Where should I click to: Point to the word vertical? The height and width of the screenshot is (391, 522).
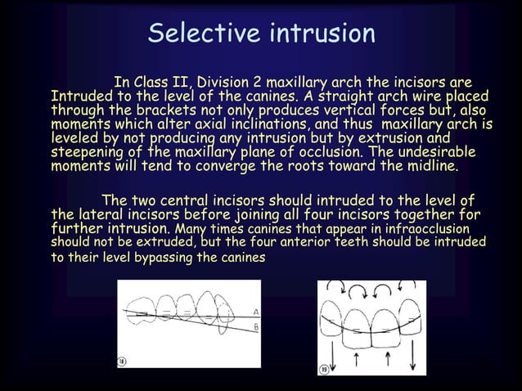357,110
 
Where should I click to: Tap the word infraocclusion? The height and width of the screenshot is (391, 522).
420,229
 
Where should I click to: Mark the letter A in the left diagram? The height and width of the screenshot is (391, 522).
256,312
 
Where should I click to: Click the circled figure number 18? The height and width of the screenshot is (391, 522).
122,361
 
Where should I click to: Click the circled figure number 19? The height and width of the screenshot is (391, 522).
323,369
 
